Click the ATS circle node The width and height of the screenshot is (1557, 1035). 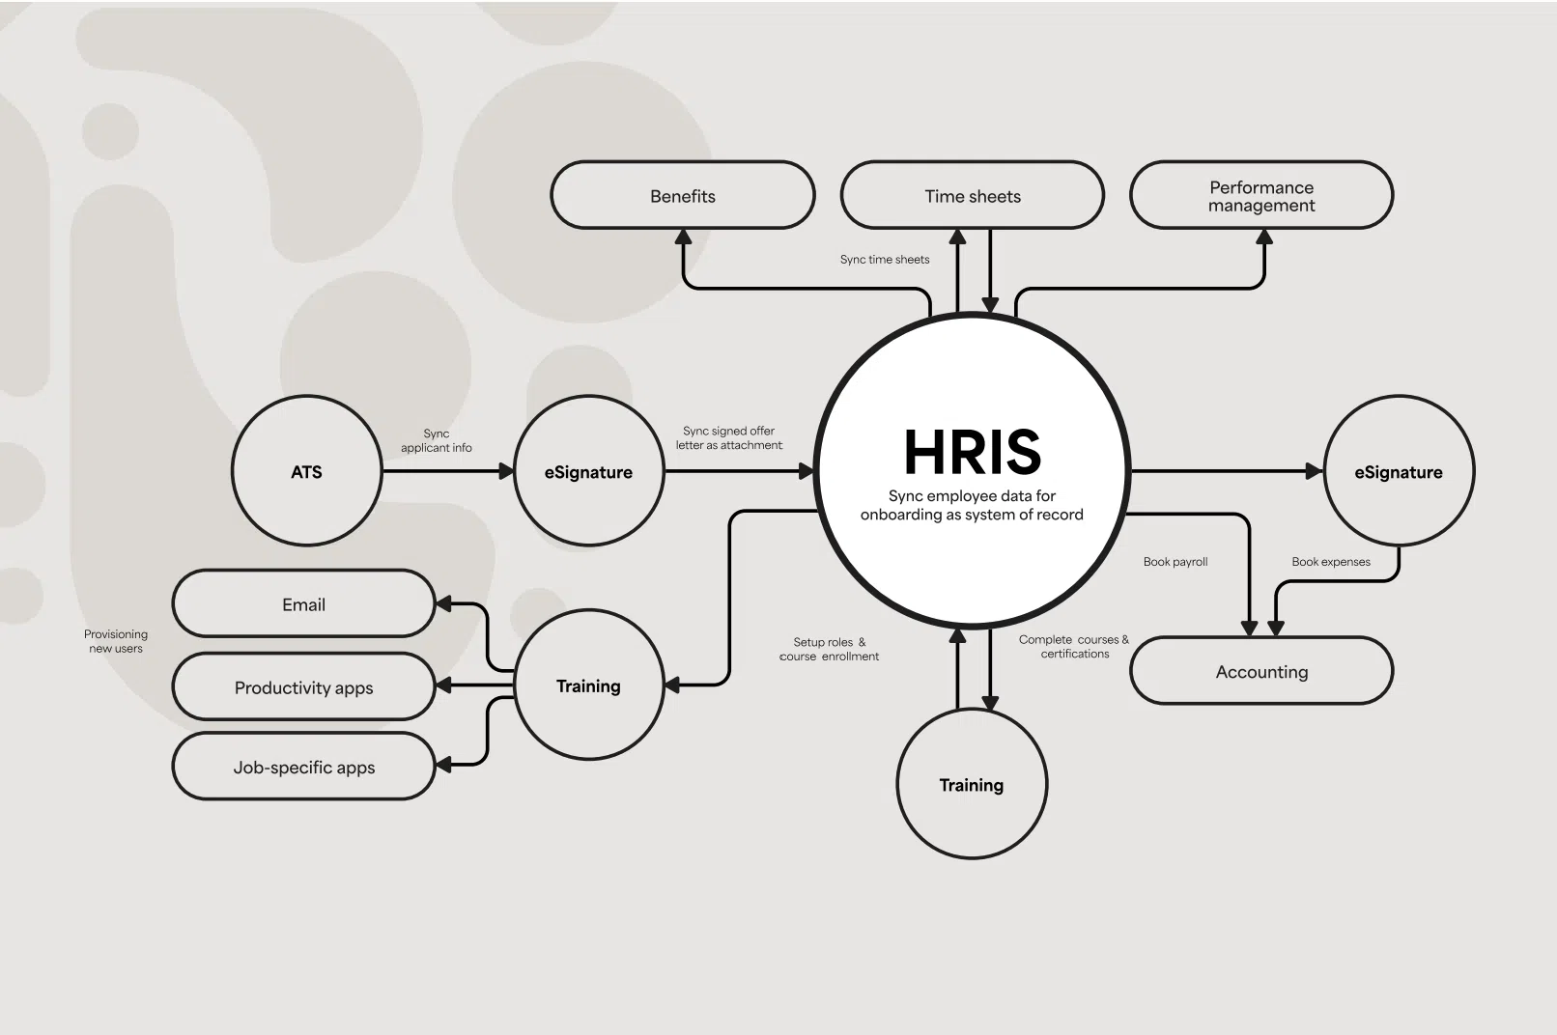pyautogui.click(x=306, y=471)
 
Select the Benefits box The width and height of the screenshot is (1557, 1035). pyautogui.click(x=683, y=195)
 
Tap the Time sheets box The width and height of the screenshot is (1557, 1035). pyautogui.click(x=973, y=195)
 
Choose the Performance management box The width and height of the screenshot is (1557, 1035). pyautogui.click(x=1261, y=195)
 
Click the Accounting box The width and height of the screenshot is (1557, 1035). pyautogui.click(x=1261, y=671)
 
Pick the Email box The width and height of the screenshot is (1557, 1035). pyautogui.click(x=303, y=603)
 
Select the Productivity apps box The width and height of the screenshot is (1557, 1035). pyautogui.click(x=303, y=686)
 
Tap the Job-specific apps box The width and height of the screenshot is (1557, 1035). pyautogui.click(x=303, y=767)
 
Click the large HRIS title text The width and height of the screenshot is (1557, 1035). pyautogui.click(x=973, y=452)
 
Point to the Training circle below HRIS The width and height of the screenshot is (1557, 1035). pyautogui.click(x=972, y=784)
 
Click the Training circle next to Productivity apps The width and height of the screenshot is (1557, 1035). pyautogui.click(x=589, y=685)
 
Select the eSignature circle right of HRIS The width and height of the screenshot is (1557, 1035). pyautogui.click(x=1399, y=471)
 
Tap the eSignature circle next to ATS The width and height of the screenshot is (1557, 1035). pyautogui.click(x=589, y=471)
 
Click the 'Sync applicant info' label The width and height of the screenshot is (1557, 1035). pyautogui.click(x=437, y=440)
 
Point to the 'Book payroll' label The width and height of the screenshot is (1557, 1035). pyautogui.click(x=1175, y=561)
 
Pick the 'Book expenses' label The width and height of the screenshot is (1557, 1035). pyautogui.click(x=1331, y=561)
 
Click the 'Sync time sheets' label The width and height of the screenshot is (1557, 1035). pyautogui.click(x=885, y=259)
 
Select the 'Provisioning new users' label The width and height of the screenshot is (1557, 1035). pyautogui.click(x=116, y=641)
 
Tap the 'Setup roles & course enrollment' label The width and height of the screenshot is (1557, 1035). pyautogui.click(x=830, y=649)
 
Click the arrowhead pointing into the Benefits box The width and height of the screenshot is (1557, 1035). pyautogui.click(x=683, y=237)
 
